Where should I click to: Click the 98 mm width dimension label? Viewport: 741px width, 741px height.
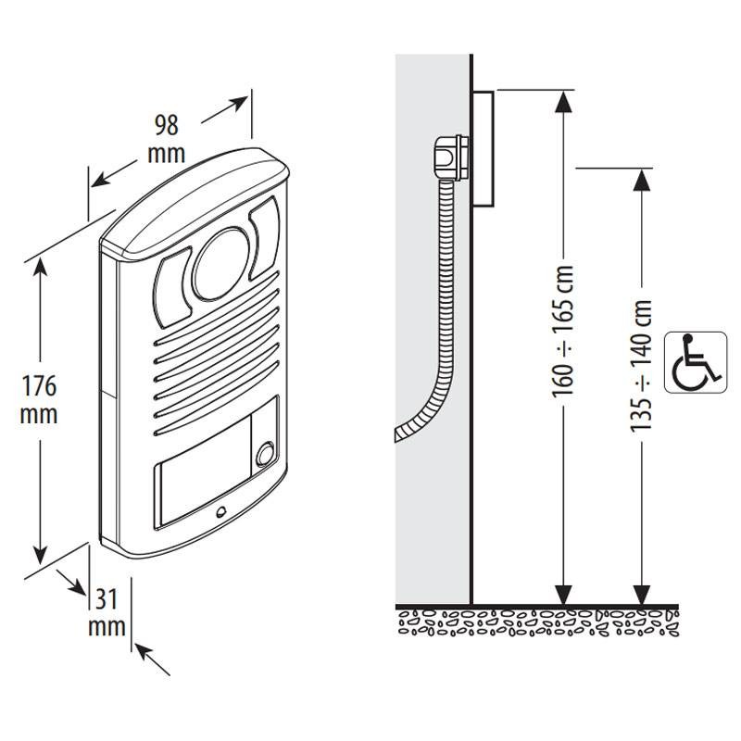167,137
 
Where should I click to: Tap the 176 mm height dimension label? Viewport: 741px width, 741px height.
39,399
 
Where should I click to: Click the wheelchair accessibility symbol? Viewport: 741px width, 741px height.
692,360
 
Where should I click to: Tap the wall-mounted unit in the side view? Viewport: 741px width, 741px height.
483,148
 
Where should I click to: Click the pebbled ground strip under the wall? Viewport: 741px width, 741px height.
537,623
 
